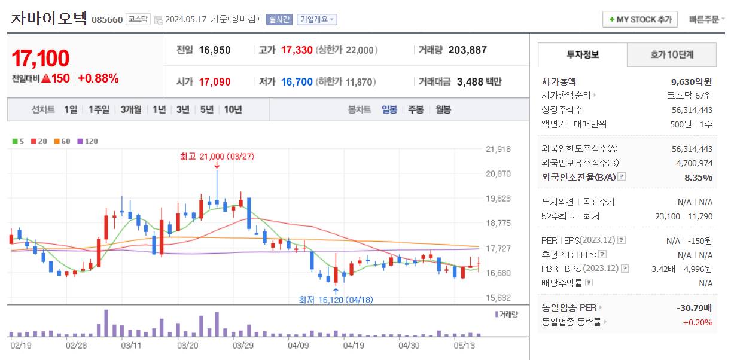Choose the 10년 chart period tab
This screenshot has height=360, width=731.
tap(233, 109)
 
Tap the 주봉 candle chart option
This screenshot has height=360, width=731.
tap(416, 109)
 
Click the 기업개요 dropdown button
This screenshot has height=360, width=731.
tap(317, 19)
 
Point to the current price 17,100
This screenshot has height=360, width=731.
tap(41, 59)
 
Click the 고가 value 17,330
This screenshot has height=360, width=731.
tap(297, 50)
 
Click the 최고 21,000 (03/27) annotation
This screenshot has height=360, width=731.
tap(217, 157)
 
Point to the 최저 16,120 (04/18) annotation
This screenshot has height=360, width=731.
tap(336, 300)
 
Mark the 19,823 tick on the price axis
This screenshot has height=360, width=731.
tap(498, 199)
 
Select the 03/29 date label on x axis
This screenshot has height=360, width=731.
tap(243, 345)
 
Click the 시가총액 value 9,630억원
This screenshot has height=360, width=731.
tap(692, 82)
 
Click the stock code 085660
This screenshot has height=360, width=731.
tap(107, 20)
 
